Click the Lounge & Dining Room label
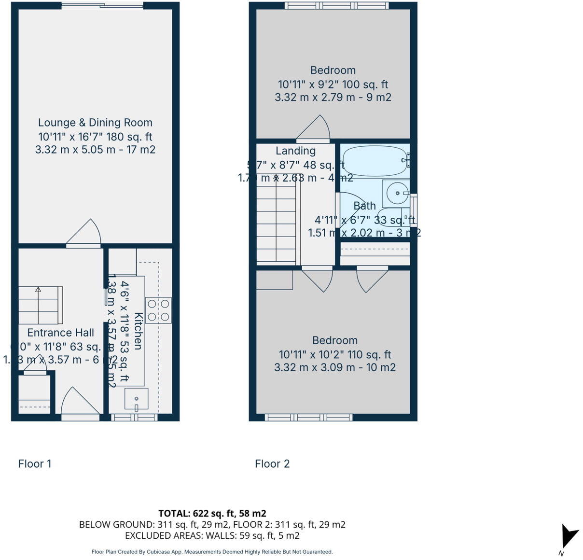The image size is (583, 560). [x=95, y=123]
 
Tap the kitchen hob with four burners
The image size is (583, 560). [x=158, y=310]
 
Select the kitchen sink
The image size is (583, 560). [x=137, y=399]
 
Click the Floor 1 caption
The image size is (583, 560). [x=35, y=464]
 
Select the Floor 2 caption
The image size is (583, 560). [x=272, y=464]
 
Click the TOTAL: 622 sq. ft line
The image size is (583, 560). [x=212, y=513]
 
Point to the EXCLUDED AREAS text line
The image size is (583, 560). [x=212, y=535]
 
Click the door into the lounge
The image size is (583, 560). [x=84, y=234]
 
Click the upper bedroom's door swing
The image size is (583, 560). [x=314, y=128]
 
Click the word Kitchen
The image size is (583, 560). [x=138, y=331]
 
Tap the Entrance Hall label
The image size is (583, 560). [x=60, y=333]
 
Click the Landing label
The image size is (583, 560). [x=295, y=151]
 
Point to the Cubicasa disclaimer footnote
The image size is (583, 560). [x=212, y=552]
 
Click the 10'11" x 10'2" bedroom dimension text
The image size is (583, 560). [x=335, y=355]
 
